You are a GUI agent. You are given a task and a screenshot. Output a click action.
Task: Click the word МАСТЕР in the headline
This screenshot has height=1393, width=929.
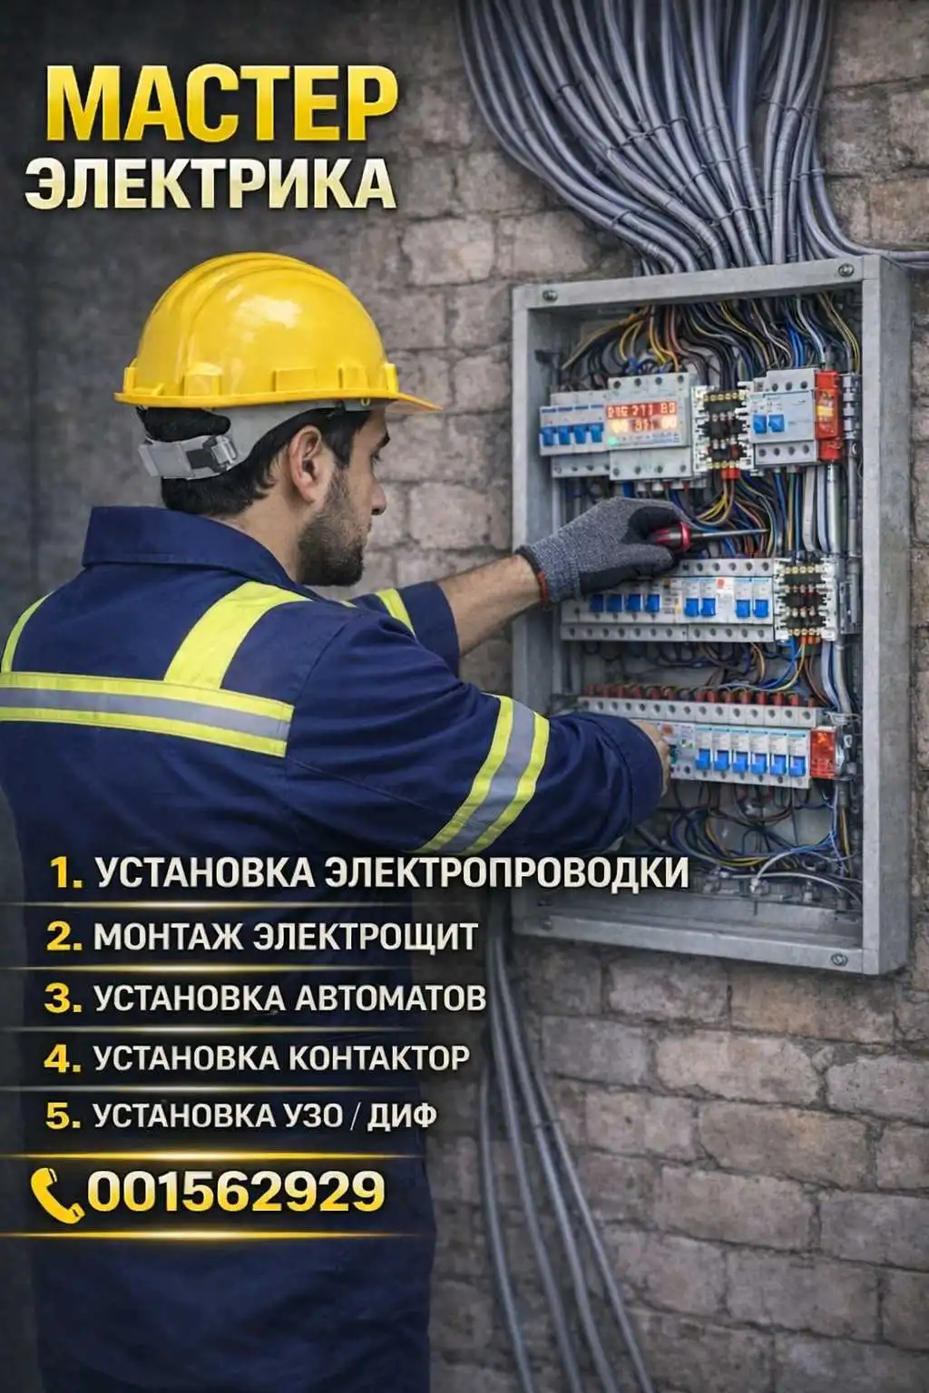pyautogui.click(x=221, y=104)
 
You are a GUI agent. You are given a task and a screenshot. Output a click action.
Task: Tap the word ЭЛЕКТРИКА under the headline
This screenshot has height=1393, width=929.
pyautogui.click(x=210, y=181)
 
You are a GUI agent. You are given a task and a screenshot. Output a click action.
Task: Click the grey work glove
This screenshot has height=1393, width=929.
pyautogui.click(x=601, y=545)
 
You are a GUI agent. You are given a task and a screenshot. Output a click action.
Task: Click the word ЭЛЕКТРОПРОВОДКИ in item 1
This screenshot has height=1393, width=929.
pyautogui.click(x=508, y=874)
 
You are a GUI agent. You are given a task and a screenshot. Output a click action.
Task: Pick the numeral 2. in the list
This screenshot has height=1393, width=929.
pyautogui.click(x=64, y=938)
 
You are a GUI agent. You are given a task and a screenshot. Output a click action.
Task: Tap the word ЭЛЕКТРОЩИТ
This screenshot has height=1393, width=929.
pyautogui.click(x=366, y=937)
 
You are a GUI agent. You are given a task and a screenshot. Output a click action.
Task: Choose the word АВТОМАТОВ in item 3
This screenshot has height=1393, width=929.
pyautogui.click(x=389, y=998)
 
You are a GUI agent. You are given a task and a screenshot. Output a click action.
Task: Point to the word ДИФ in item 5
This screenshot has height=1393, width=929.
pyautogui.click(x=401, y=1115)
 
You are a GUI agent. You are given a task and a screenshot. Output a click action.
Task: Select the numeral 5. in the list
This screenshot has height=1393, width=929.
pyautogui.click(x=64, y=1116)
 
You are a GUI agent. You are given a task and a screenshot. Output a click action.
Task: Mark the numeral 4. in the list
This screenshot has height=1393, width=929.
pyautogui.click(x=63, y=1057)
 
